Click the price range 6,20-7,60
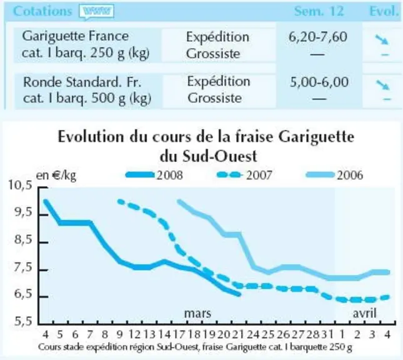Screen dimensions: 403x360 317,37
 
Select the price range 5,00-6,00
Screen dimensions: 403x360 319,82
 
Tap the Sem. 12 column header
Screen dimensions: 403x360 319,11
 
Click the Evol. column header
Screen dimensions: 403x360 384,11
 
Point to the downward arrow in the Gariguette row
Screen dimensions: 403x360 382,40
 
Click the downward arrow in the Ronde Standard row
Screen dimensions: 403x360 383,85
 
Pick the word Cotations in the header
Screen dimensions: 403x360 42,11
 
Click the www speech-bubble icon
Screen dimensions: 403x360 97,12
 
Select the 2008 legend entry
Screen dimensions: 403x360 154,175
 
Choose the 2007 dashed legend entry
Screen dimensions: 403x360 244,175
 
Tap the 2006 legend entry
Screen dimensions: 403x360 335,175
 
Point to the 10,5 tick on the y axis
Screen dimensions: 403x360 21,185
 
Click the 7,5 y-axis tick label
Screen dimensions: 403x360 23,267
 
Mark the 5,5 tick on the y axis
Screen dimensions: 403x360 23,321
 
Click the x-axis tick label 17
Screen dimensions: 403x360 179,334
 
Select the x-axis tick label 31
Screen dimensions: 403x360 327,334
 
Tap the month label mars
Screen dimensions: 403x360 197,313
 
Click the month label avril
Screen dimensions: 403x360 364,313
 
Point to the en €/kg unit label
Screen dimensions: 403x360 56,176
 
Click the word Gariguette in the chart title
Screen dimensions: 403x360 316,137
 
